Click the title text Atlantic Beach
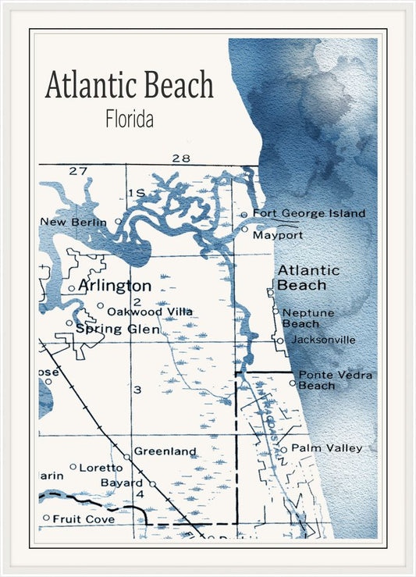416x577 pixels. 129,85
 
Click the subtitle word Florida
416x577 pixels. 129,119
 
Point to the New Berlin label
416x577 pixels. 74,222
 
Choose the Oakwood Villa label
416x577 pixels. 149,312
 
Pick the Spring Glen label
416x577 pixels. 117,329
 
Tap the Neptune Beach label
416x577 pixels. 308,318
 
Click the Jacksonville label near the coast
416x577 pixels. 322,340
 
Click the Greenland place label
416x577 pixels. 165,451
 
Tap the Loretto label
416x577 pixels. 102,468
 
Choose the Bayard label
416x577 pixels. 122,483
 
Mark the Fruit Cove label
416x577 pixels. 84,518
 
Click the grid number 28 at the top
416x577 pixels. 181,158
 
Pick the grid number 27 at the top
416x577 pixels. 77,170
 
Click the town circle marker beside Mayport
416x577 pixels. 244,230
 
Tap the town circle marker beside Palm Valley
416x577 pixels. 284,449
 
